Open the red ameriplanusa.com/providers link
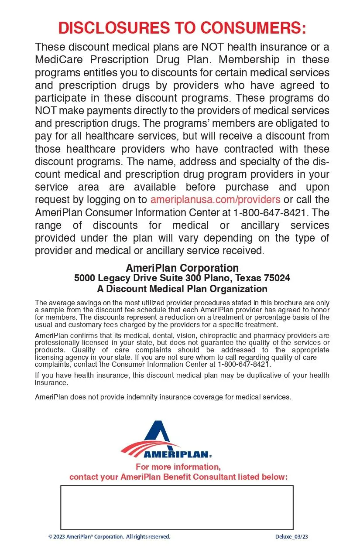point(215,200)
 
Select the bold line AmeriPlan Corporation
point(182,268)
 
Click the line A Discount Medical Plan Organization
point(182,289)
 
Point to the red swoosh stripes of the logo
point(140,447)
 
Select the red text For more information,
point(178,467)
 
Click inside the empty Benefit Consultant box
point(176,507)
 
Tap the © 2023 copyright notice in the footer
point(109,537)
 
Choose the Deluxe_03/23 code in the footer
point(291,537)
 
